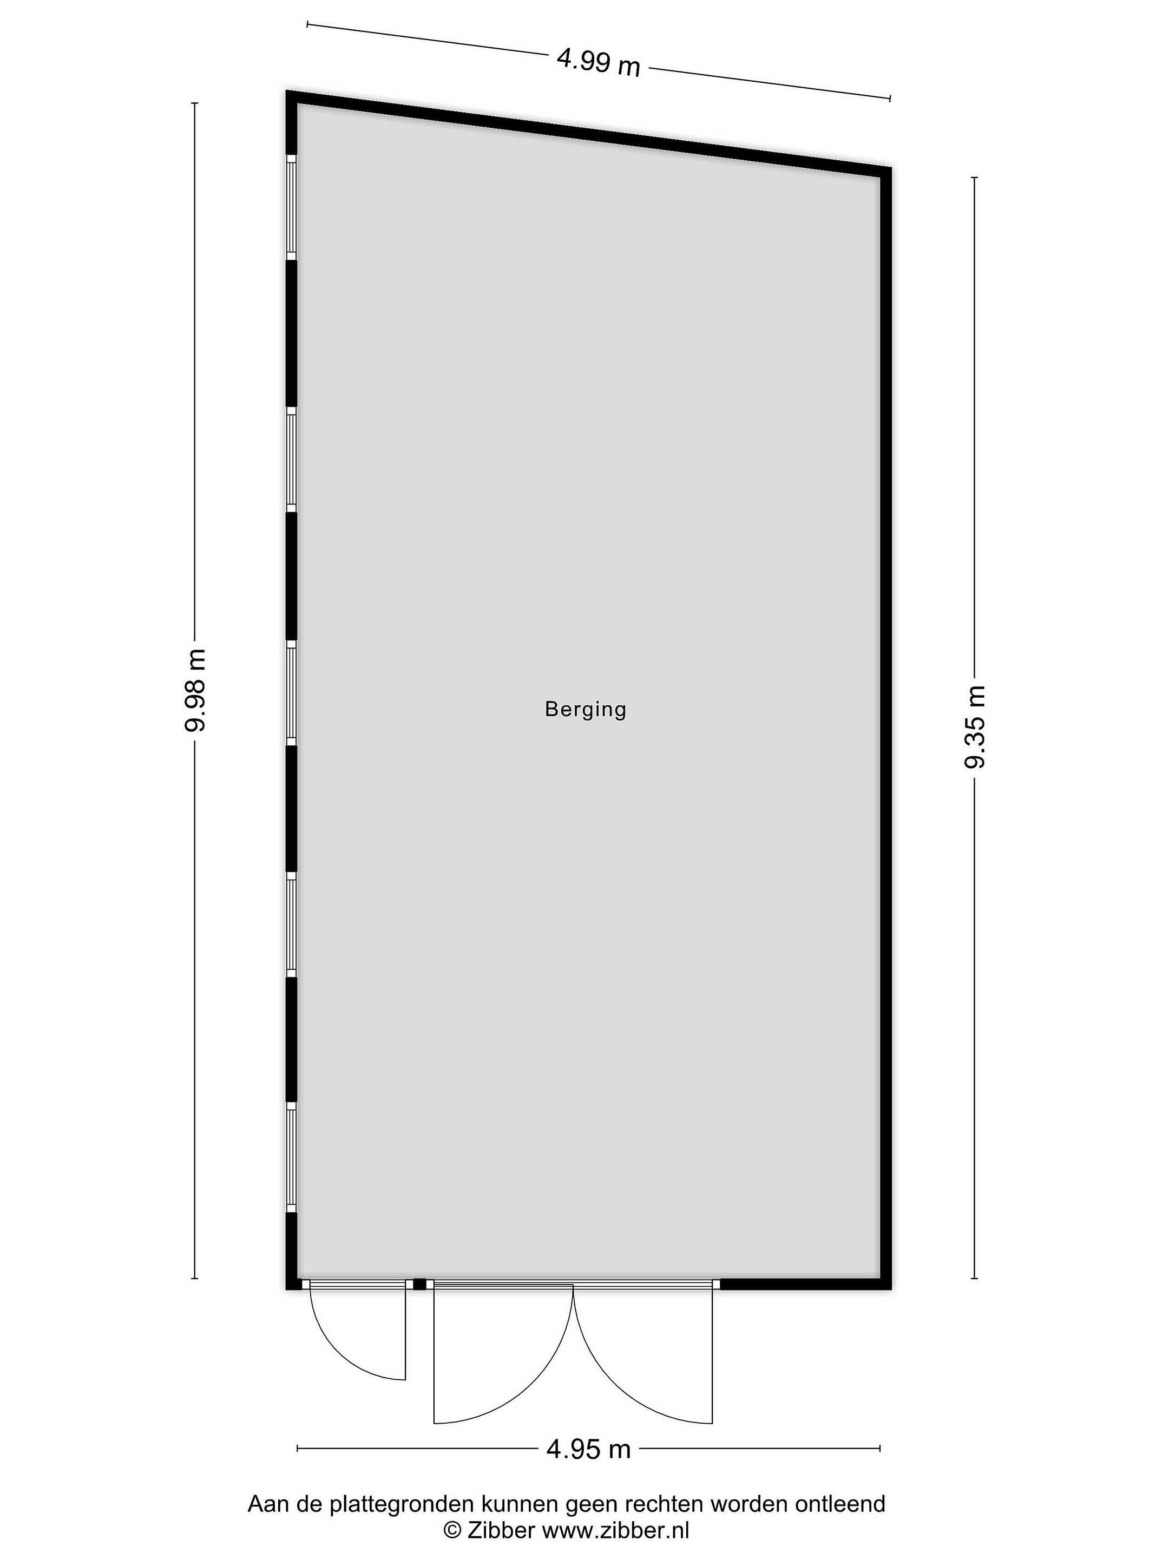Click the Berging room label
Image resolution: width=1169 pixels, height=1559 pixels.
click(585, 709)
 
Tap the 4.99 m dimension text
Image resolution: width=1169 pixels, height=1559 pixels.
click(598, 63)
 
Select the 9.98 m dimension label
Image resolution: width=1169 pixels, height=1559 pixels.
click(194, 690)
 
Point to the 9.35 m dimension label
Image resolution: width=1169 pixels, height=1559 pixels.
click(975, 726)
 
